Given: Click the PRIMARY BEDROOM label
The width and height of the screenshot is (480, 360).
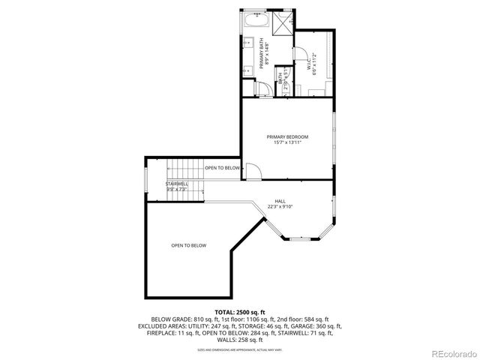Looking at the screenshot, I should (287, 136).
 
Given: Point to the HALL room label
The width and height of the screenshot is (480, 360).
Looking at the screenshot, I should (280, 201).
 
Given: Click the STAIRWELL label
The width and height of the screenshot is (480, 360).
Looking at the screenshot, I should (177, 184).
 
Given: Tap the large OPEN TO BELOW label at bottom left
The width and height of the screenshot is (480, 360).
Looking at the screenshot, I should (188, 245).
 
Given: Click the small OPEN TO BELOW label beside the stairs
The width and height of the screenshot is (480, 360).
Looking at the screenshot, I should (222, 168).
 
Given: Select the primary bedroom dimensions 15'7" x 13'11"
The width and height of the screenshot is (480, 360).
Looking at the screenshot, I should (287, 142).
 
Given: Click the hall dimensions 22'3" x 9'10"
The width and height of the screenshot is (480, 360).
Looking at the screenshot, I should (280, 207).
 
